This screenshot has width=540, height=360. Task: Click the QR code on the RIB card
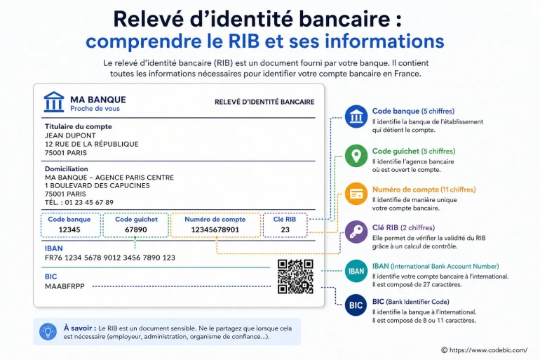click(x=295, y=276)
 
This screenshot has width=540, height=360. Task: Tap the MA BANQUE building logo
click(x=54, y=102)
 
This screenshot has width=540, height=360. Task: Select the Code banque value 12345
click(x=69, y=229)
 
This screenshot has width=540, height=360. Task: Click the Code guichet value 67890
click(x=135, y=229)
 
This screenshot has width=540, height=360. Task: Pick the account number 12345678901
click(x=215, y=229)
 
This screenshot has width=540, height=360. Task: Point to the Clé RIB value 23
click(x=285, y=229)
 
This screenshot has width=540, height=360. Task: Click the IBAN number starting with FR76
click(x=110, y=258)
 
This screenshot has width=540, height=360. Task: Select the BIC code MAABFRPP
click(x=65, y=286)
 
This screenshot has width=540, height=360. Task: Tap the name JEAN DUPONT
click(x=70, y=135)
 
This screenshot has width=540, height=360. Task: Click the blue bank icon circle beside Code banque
click(x=356, y=116)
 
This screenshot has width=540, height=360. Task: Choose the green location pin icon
click(x=356, y=156)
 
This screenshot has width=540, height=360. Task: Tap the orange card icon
click(x=356, y=194)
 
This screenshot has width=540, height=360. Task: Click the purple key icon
click(x=356, y=232)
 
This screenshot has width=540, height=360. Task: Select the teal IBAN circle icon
click(x=356, y=271)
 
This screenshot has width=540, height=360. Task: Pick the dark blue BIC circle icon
click(x=356, y=305)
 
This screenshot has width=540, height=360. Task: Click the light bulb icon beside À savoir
click(x=48, y=332)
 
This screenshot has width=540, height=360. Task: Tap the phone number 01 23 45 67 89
click(x=89, y=203)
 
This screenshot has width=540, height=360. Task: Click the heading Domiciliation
click(x=67, y=169)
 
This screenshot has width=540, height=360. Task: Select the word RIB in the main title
click(x=244, y=41)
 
